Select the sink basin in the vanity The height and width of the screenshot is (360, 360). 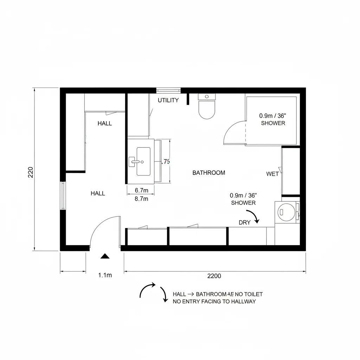tap(143, 161)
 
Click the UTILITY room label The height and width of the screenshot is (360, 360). tap(168, 100)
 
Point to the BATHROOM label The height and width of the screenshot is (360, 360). tap(209, 173)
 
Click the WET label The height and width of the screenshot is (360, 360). tap(272, 174)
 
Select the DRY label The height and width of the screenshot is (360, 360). tap(244, 223)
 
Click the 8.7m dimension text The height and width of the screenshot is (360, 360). tap(142, 199)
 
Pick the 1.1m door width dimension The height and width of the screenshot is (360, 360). tap(105, 275)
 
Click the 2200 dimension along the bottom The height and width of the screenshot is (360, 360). tap(214, 276)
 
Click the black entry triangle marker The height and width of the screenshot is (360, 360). tap(105, 256)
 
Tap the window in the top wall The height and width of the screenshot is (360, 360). tap(168, 90)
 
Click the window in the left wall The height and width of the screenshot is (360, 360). tap(63, 195)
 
